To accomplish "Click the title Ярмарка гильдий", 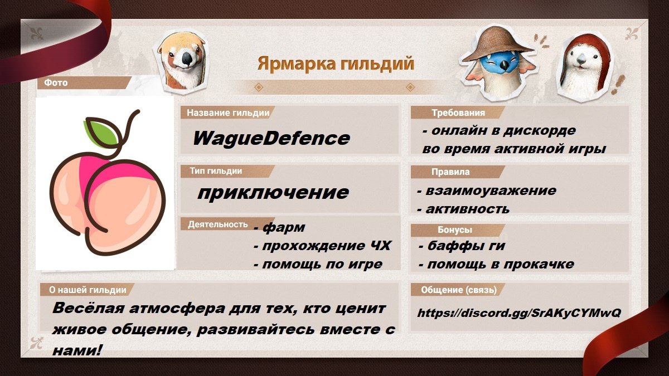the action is click(x=336, y=64).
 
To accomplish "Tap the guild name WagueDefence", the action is click(x=271, y=139).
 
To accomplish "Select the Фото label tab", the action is click(x=56, y=82).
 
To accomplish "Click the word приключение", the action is click(x=273, y=193).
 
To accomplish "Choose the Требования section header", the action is click(x=458, y=113).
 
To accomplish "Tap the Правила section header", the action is click(x=450, y=172).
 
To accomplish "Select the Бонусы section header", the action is click(x=455, y=229).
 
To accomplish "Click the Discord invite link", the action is click(x=519, y=312).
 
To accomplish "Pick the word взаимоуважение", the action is click(x=491, y=191).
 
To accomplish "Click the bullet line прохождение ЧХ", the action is click(x=322, y=246).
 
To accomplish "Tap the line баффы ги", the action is click(x=462, y=246).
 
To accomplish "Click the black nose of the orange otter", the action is click(x=187, y=58).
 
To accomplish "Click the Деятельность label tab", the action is click(x=218, y=224).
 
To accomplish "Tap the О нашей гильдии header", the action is click(x=88, y=290).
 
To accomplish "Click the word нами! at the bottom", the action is click(x=77, y=350).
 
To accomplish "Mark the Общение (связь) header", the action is click(x=459, y=290).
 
